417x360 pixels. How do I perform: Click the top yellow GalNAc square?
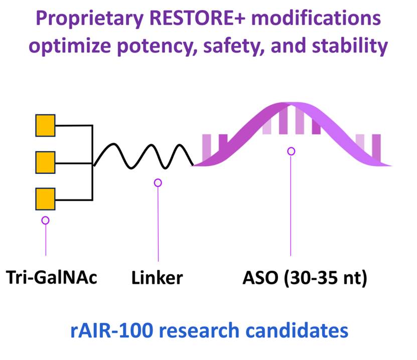coord(45,126)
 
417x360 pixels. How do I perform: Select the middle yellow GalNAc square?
coord(45,162)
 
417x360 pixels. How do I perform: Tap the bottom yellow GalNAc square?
coord(45,199)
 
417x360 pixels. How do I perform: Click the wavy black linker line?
coord(144,156)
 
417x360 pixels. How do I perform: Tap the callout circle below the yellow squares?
coord(46,220)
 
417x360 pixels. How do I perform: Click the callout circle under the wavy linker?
coord(158,183)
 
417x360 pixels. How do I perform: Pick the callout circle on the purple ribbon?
coord(291,151)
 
